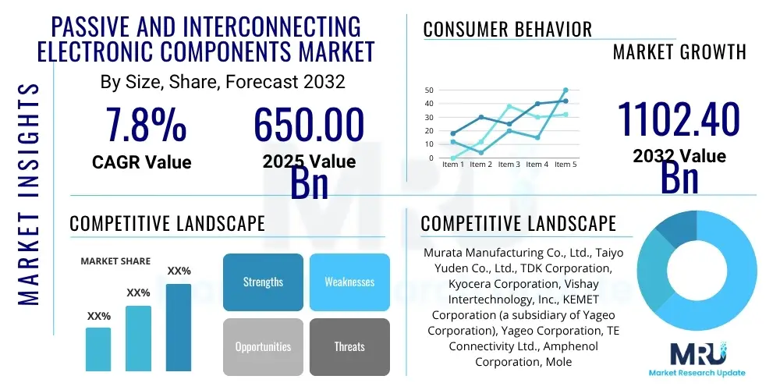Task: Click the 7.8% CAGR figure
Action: coord(146,125)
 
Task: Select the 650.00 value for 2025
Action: coord(309,125)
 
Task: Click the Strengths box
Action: coord(263,282)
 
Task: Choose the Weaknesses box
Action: coord(349,282)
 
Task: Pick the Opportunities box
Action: coord(263,346)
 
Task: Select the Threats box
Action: coord(349,346)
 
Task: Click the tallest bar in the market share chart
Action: coord(179,327)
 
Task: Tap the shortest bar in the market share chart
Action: coord(98,349)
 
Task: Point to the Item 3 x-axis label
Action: coord(509,165)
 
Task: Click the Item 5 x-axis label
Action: coord(565,165)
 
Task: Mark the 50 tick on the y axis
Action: coord(428,90)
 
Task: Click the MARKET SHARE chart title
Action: coord(116,261)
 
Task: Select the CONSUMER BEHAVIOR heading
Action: coord(508,30)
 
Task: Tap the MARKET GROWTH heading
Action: coord(679,52)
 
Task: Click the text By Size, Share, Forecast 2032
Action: coord(222,81)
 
